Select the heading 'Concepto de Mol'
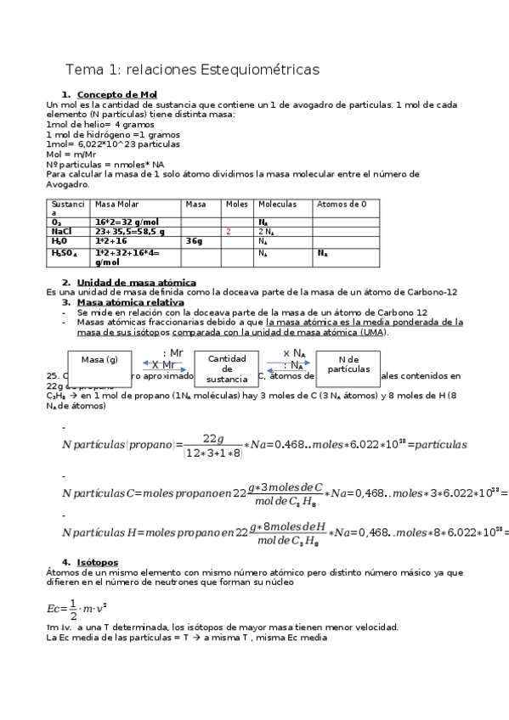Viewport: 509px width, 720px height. [116, 94]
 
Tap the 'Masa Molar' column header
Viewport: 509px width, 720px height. [117, 205]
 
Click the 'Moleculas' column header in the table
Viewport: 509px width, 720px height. [277, 205]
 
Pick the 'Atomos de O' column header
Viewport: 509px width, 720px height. [341, 205]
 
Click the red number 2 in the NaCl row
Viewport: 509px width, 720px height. [229, 231]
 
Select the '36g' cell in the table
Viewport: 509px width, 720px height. [194, 241]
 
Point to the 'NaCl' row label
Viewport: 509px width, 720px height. [61, 231]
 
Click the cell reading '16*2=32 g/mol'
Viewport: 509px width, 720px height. [127, 221]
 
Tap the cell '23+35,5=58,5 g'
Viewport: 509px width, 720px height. [129, 231]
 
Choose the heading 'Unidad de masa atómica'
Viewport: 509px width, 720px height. [136, 282]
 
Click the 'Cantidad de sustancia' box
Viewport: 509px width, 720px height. [227, 368]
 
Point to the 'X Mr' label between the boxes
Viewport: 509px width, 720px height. [163, 365]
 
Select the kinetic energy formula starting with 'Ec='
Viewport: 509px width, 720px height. [76, 608]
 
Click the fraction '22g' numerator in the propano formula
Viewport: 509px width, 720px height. [212, 437]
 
